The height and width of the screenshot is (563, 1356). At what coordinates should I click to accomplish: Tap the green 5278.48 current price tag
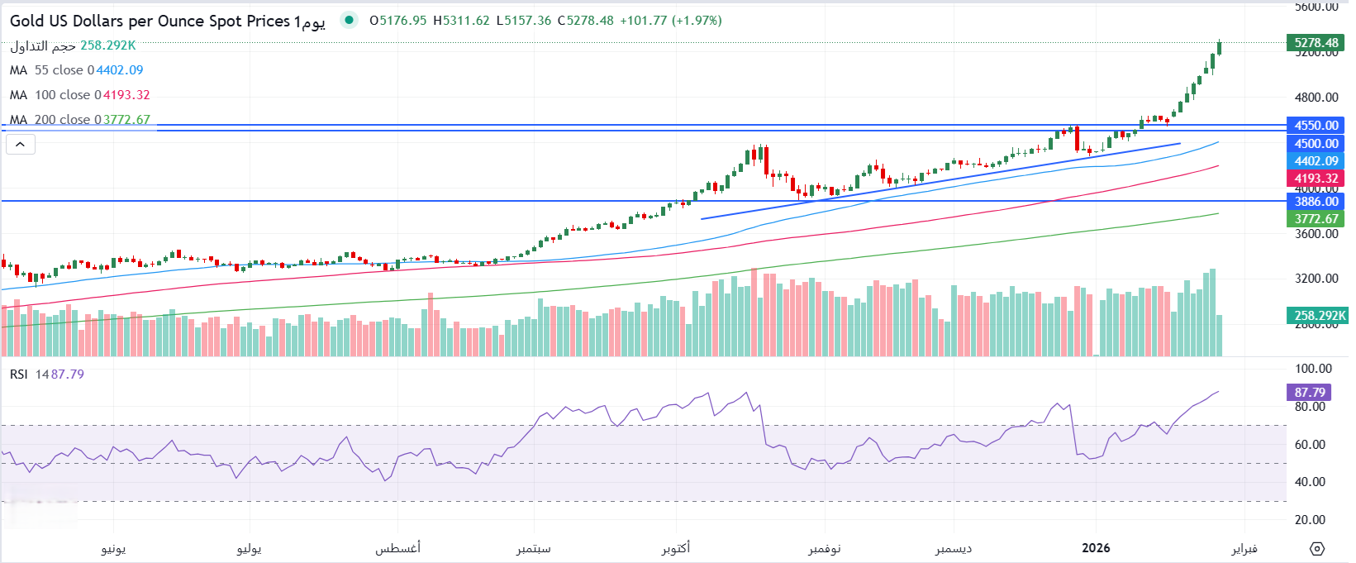(1316, 43)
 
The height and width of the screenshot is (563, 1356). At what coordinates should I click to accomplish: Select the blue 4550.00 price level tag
(1316, 126)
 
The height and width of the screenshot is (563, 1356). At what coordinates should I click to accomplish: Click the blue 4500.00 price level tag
(1316, 143)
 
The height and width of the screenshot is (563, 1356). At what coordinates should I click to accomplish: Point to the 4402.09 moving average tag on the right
(1316, 161)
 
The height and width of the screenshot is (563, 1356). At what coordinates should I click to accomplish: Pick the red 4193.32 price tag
(1316, 179)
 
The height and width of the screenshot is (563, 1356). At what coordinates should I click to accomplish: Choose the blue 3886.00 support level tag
(1316, 202)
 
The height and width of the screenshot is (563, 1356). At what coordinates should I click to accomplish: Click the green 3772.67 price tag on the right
(1316, 219)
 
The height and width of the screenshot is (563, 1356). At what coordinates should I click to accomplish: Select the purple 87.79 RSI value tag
(1309, 393)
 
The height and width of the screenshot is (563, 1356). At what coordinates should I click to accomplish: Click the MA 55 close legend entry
(76, 70)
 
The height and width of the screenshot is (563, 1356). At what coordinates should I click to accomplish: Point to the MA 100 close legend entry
(79, 95)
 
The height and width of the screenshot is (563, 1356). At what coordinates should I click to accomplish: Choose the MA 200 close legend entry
(79, 120)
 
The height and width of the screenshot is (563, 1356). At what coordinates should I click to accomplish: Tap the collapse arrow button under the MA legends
(21, 145)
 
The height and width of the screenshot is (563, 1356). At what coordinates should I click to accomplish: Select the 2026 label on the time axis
(1096, 548)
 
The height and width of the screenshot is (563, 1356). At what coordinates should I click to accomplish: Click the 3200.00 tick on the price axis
(1316, 279)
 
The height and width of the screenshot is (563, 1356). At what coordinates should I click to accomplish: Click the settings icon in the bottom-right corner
(1317, 549)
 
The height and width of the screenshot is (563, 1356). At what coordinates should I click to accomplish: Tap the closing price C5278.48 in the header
(585, 21)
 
